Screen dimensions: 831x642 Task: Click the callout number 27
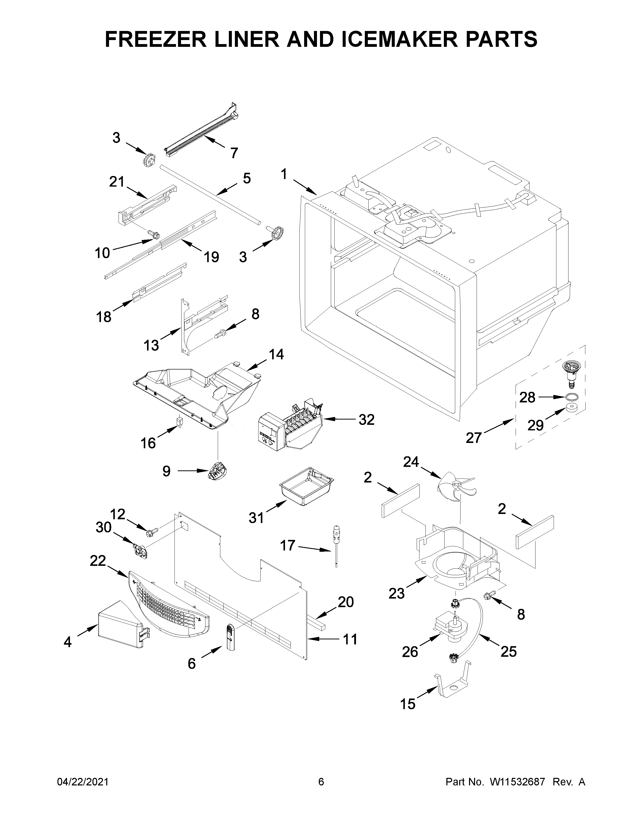474,438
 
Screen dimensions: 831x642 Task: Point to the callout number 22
97,561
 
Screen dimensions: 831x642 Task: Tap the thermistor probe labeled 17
336,541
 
